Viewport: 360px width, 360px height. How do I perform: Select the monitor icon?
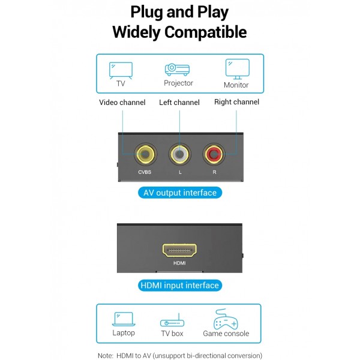(x=236, y=68)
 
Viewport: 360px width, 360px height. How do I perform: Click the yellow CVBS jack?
(x=145, y=155)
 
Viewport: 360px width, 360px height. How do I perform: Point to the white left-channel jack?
(x=180, y=155)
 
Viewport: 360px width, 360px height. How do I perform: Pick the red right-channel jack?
(x=214, y=155)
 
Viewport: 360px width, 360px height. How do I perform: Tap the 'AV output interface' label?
(x=180, y=193)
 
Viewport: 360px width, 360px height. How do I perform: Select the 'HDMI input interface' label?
(x=179, y=286)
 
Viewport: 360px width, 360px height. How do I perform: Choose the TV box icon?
(x=172, y=322)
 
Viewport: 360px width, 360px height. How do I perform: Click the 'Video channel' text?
(x=122, y=103)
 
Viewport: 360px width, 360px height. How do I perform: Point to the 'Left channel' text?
(x=179, y=103)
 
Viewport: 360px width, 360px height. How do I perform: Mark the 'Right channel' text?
(x=236, y=102)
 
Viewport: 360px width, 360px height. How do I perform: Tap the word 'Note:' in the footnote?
(x=106, y=355)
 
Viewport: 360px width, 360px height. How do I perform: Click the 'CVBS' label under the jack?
(x=145, y=173)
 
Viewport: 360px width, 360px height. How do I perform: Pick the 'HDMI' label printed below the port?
(x=179, y=263)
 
